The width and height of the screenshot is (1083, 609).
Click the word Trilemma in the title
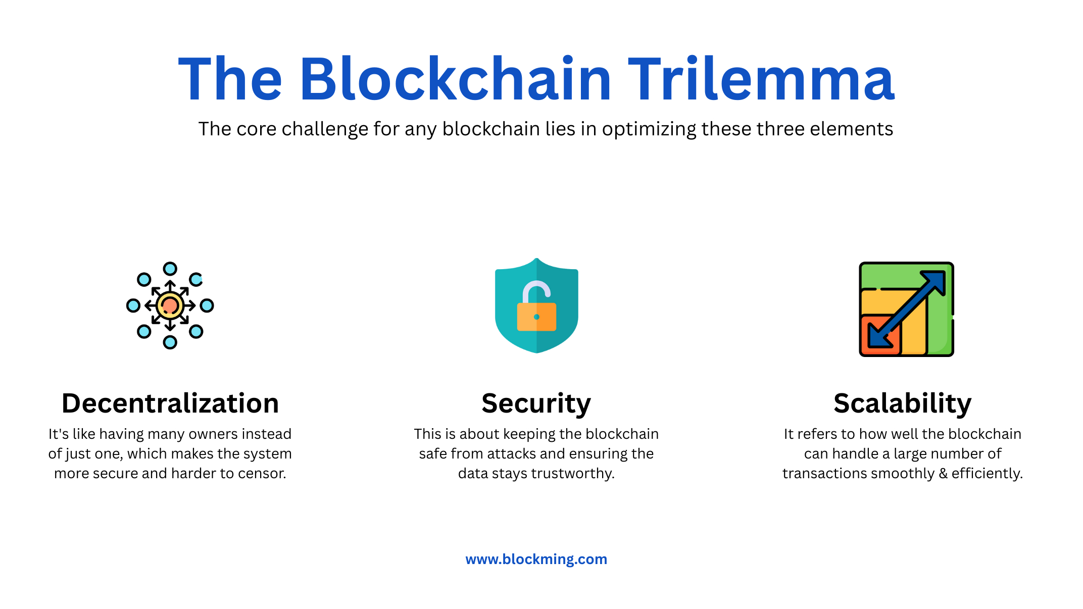pyautogui.click(x=761, y=79)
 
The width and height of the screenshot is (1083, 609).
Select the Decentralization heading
pyautogui.click(x=170, y=403)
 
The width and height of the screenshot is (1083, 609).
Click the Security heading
pyautogui.click(x=536, y=404)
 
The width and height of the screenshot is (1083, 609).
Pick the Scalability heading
pyautogui.click(x=903, y=404)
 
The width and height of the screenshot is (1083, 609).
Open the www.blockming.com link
pyautogui.click(x=536, y=559)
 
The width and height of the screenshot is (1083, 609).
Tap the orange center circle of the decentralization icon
pyautogui.click(x=170, y=306)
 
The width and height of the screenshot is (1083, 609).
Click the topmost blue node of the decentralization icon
pyautogui.click(x=170, y=269)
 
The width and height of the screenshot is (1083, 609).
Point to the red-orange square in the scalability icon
pyautogui.click(x=880, y=335)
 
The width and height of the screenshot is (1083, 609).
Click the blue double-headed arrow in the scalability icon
pyautogui.click(x=906, y=309)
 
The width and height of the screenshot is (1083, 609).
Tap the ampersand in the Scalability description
pyautogui.click(x=943, y=473)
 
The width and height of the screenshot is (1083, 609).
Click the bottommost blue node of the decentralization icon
pyautogui.click(x=170, y=342)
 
